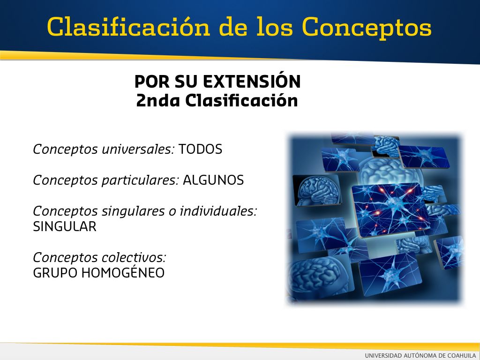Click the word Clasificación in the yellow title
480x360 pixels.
[129, 27]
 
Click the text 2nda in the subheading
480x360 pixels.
[157, 100]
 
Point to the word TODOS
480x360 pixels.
[200, 150]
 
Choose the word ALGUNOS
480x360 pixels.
[213, 180]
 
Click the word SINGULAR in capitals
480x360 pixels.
[65, 226]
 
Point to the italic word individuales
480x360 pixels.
[218, 211]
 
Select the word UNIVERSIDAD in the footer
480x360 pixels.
[383, 355]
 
